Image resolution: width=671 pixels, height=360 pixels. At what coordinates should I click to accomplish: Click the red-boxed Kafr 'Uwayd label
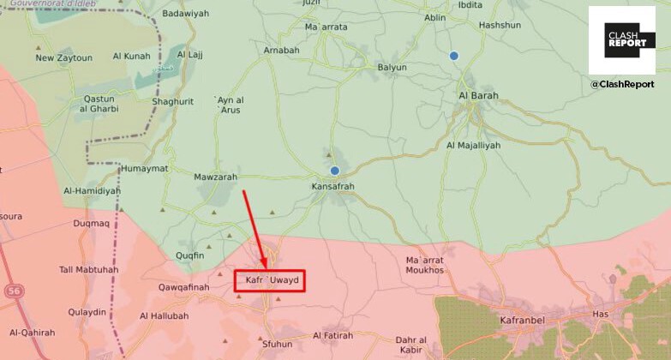[270, 280]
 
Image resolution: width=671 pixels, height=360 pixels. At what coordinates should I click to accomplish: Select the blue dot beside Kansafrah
[335, 171]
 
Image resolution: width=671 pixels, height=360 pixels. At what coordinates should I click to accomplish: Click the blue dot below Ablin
[454, 56]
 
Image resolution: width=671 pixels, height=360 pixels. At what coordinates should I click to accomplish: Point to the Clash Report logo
[621, 40]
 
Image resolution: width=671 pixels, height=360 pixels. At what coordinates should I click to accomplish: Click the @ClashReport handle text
[621, 85]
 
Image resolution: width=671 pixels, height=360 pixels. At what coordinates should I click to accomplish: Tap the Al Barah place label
[478, 95]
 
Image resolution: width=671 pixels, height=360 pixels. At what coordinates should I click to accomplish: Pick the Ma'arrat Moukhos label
[425, 264]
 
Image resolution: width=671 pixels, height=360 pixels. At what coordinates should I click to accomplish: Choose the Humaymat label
[145, 168]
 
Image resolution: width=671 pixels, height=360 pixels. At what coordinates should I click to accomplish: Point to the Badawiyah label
[185, 13]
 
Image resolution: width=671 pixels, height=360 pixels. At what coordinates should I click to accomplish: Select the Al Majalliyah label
[473, 146]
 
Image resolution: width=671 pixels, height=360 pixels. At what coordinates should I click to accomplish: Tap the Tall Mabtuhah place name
[89, 269]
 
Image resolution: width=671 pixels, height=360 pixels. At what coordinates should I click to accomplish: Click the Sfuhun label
[276, 344]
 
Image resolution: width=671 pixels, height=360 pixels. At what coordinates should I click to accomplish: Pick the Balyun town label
[392, 67]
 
